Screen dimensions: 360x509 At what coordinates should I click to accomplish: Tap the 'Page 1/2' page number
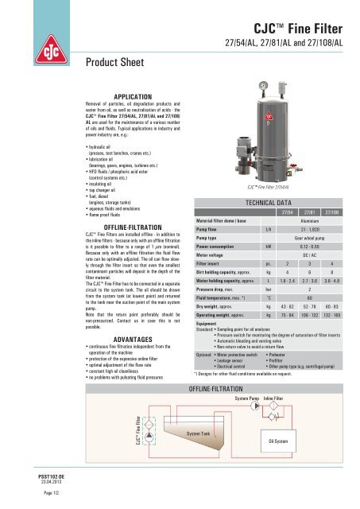19,494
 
